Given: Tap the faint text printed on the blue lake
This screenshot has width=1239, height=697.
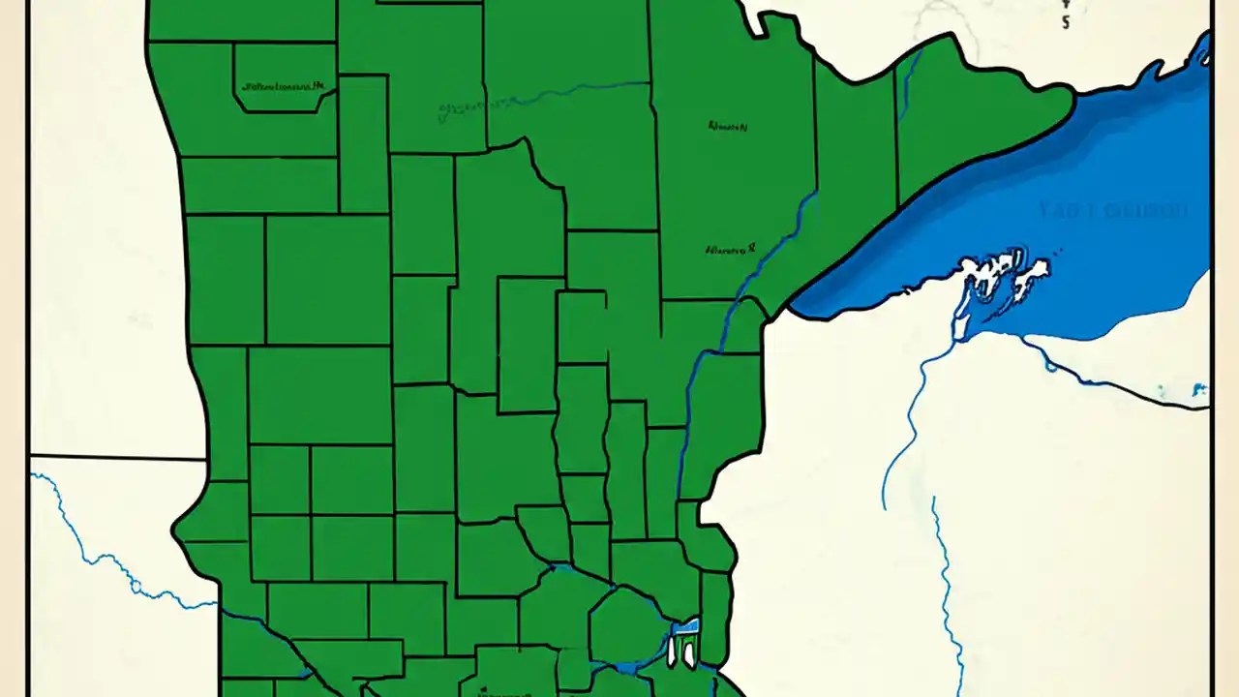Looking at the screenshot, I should [1113, 210].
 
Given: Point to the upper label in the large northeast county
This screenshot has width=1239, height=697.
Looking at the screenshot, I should [727, 126].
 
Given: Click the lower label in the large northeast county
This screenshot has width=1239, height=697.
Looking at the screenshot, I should [730, 249].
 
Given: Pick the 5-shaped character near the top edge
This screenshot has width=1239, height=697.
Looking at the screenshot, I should [1066, 22].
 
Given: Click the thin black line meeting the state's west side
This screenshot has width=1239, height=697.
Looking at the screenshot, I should [116, 456].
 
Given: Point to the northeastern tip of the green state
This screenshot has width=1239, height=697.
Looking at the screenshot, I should [1073, 92].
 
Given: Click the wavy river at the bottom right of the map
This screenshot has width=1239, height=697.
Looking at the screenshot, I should [944, 591].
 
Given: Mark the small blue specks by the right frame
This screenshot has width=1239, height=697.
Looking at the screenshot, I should [1198, 391].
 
